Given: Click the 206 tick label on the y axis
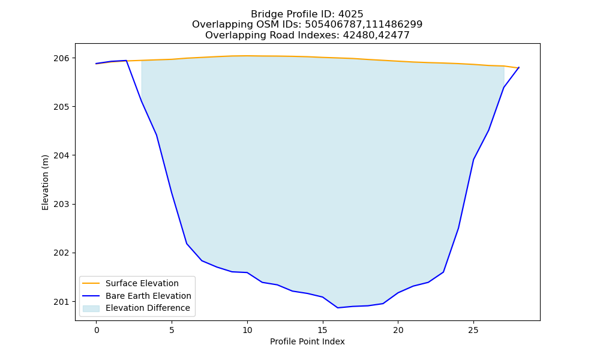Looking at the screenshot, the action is point(62,58).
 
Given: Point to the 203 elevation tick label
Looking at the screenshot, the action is point(62,204).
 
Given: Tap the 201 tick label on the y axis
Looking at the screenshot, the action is point(62,302).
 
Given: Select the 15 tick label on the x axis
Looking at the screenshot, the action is point(323,331).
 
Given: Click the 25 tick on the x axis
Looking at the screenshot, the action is point(473,331).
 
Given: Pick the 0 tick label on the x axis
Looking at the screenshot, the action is point(97,331).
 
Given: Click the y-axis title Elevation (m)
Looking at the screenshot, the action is point(45,182).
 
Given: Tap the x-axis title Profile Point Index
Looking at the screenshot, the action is point(307,341).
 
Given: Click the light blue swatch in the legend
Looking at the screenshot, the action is point(91,308).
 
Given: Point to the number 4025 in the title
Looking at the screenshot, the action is point(350,14).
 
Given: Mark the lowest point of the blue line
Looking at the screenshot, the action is point(337,308).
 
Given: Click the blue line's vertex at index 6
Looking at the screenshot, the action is point(187,244).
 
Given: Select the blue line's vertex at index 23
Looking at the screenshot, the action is point(443,272).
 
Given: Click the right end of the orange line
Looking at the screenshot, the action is point(519,68).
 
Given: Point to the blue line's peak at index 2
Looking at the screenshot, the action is point(126,61).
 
